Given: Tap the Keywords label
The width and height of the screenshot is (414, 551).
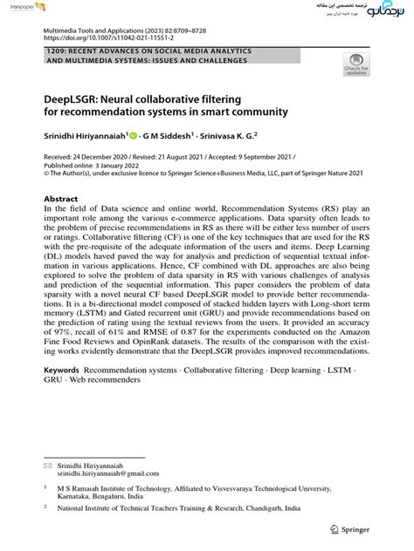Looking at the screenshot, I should coord(65,371).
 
